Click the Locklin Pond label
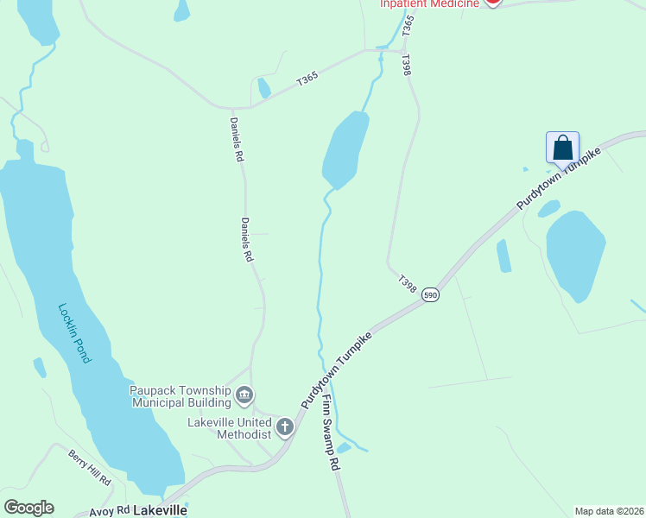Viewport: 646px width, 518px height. pos(74,332)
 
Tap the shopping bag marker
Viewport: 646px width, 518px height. pos(562,147)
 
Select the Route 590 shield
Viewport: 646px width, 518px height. pos(430,295)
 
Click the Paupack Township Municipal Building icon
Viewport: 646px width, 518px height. pos(244,395)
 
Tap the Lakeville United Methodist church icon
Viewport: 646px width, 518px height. pos(285,426)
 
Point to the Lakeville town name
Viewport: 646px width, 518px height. pos(160,510)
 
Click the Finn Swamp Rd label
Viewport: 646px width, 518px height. pos(330,433)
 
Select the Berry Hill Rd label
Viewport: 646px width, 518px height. pos(91,467)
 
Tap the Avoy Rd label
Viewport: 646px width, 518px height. pos(109,511)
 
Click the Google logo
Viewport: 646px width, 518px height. pos(28,508)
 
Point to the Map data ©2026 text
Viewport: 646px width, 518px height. pos(609,510)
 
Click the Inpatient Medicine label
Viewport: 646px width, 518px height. pos(430,4)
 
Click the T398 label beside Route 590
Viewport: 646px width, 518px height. pos(408,282)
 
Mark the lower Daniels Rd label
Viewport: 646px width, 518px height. pos(247,239)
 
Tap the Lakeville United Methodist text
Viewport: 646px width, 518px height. pos(230,427)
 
